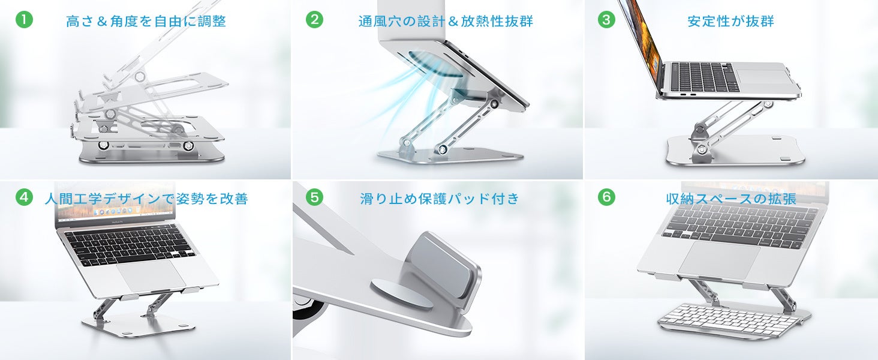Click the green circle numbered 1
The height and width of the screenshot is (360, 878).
pyautogui.click(x=24, y=20)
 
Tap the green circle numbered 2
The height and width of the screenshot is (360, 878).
pyautogui.click(x=314, y=20)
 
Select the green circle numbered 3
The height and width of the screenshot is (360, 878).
pyautogui.click(x=606, y=20)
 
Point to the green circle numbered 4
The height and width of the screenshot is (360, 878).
pyautogui.click(x=24, y=197)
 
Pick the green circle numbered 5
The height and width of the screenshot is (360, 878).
pyautogui.click(x=314, y=197)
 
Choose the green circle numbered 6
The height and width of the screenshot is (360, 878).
pyautogui.click(x=606, y=197)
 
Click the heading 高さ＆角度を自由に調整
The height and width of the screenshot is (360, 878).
pyautogui.click(x=146, y=21)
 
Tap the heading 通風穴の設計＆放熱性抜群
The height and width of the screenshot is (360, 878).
pyautogui.click(x=446, y=21)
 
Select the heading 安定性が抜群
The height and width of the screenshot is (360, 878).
pyautogui.click(x=730, y=21)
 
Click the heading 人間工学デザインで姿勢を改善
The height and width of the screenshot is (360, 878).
pyautogui.click(x=146, y=199)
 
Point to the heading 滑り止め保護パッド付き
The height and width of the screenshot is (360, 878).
pyautogui.click(x=440, y=199)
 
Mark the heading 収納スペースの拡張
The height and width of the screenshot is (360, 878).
pyautogui.click(x=732, y=199)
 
